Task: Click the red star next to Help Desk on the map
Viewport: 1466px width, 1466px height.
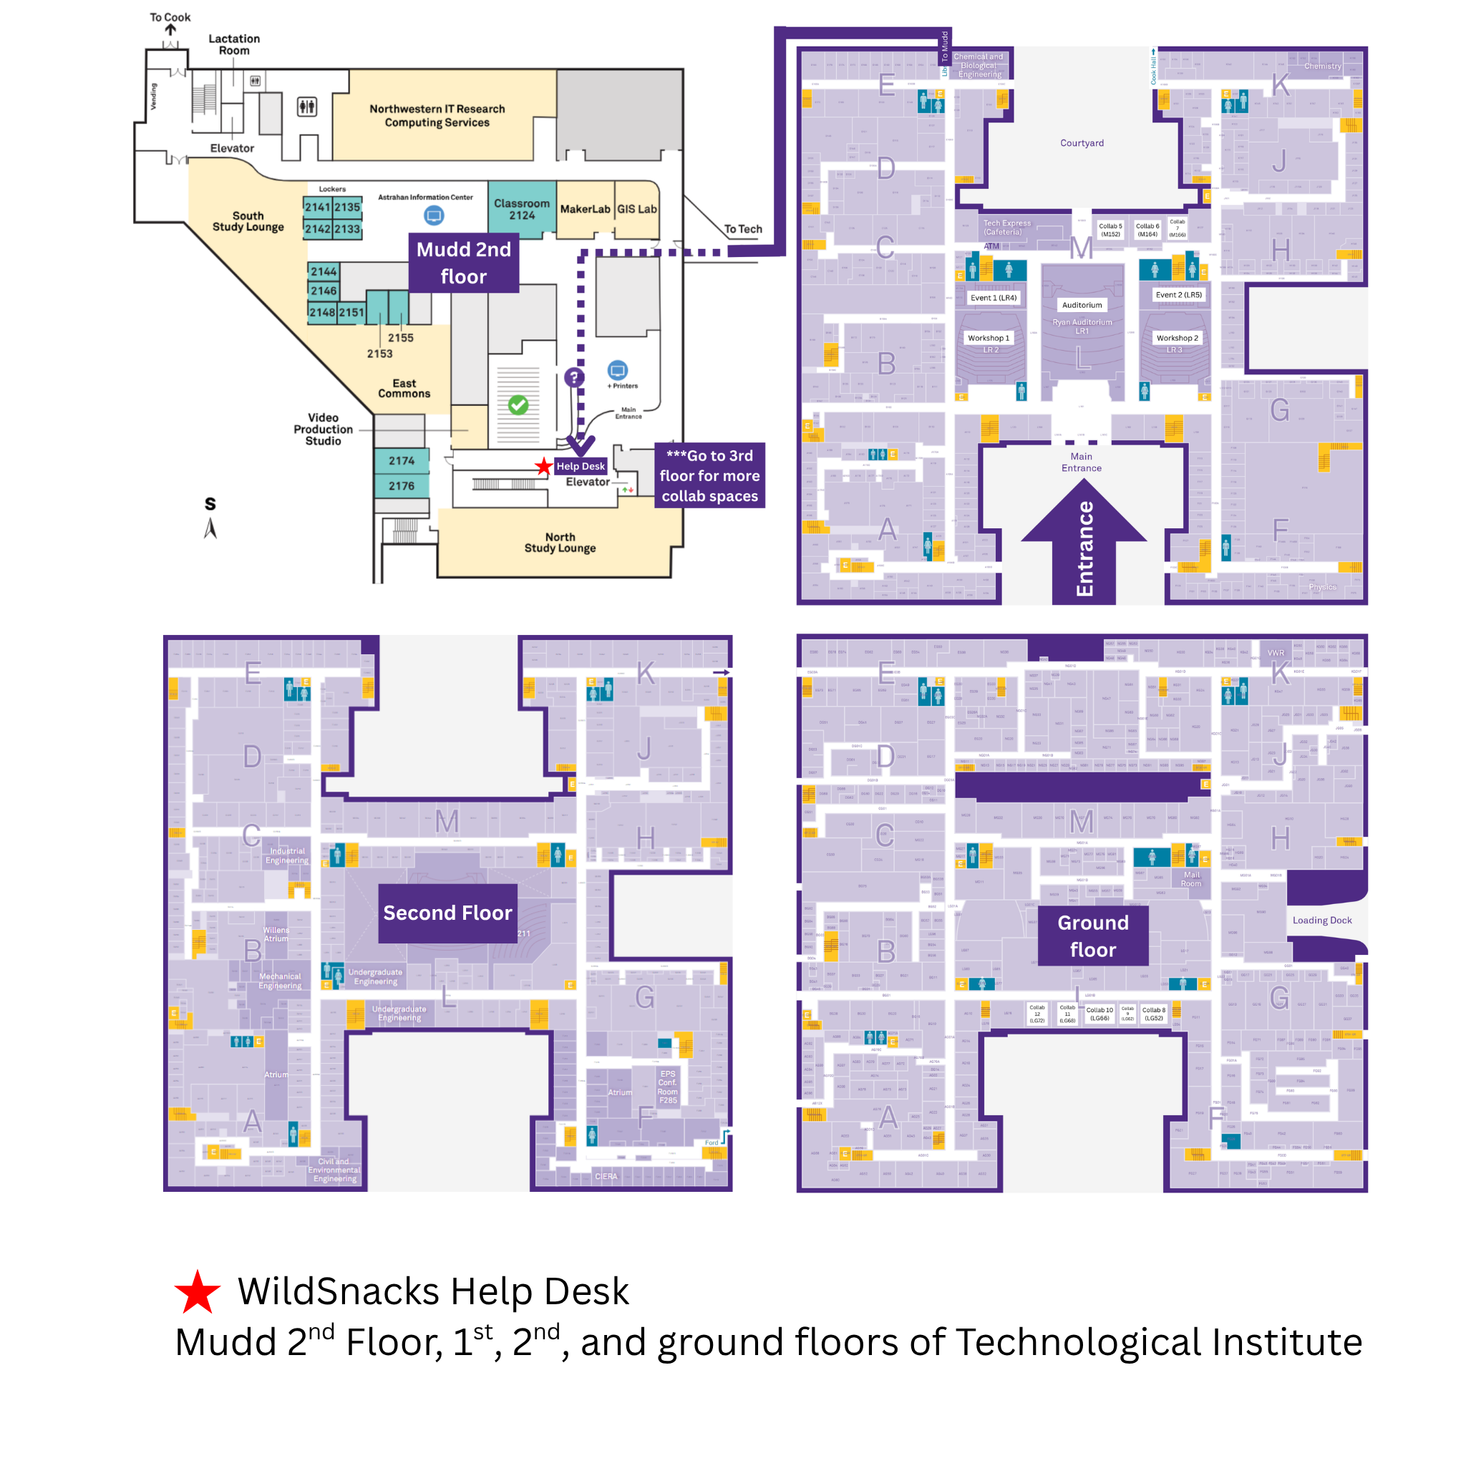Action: coord(543,467)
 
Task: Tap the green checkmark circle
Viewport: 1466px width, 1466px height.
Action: coord(518,405)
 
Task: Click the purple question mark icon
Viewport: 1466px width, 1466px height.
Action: coord(574,377)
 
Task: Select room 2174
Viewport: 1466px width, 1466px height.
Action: coord(402,460)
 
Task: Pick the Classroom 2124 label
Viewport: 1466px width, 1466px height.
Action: coord(521,210)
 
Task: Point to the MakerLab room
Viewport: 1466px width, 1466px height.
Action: coord(584,210)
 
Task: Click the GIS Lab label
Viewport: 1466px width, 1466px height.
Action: coord(636,210)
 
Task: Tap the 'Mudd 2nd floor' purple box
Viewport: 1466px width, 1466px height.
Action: coord(464,263)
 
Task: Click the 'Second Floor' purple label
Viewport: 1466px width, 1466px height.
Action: coord(447,913)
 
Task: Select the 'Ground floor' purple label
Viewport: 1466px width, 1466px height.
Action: coord(1092,936)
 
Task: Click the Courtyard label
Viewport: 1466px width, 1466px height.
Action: coord(1082,142)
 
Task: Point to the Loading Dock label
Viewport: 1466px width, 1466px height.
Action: coord(1322,921)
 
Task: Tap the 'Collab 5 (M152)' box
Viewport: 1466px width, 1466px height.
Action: coord(1110,230)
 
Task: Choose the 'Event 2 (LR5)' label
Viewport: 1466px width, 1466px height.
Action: coord(1178,294)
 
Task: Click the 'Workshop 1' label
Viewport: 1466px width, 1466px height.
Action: coord(988,338)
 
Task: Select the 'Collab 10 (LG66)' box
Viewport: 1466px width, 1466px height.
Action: coord(1099,1014)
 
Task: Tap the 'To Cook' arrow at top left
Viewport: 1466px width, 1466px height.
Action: coord(171,29)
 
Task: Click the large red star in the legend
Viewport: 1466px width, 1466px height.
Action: coord(198,1293)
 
